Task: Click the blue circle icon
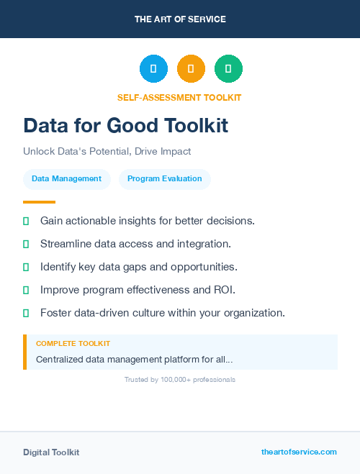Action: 153,68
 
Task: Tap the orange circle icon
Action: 191,68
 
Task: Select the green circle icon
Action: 228,68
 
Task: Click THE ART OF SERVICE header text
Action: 180,19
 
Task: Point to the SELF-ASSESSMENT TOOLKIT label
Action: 179,97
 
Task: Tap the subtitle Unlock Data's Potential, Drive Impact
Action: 107,152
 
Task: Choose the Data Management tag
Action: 67,179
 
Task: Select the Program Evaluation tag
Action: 164,179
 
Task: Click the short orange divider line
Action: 39,202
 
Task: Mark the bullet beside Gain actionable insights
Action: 26,220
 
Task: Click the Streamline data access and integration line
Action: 135,243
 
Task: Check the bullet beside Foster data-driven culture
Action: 26,313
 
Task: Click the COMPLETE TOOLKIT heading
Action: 73,344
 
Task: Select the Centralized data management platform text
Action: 134,359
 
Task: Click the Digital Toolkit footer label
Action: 51,452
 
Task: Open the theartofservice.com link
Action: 299,452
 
